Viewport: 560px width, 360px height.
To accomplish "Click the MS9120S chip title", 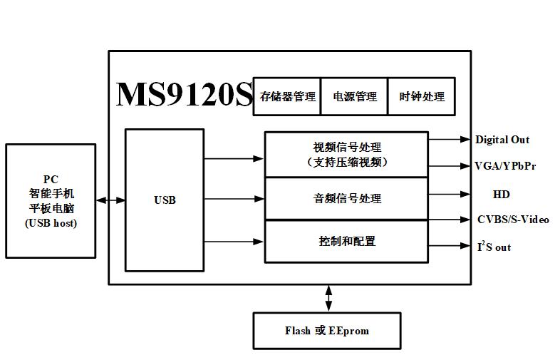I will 184,95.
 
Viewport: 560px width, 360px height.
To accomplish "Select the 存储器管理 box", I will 287,96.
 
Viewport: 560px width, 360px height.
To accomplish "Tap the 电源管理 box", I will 355,96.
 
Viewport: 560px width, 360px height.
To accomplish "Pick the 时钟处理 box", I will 422,96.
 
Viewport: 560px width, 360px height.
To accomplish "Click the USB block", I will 165,200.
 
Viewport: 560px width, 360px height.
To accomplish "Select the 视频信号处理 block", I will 346,154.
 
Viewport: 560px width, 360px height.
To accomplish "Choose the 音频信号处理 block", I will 346,198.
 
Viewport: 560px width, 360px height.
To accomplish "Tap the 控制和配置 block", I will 346,241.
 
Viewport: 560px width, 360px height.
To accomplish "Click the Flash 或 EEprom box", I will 327,331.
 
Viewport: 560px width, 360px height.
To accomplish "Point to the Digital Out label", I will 502,140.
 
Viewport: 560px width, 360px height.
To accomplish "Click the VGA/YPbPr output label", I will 505,166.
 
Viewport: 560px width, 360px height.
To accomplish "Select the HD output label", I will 502,194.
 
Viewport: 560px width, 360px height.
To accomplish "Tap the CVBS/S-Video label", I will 513,220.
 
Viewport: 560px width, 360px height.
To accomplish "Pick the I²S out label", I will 494,247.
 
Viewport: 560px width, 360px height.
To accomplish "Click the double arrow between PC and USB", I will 110,200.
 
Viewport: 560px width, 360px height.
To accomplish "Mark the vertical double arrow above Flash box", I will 328,298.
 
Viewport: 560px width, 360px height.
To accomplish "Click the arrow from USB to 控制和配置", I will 234,242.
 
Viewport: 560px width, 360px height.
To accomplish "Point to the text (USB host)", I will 51,223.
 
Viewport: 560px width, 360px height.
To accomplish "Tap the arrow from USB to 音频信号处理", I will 234,200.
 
